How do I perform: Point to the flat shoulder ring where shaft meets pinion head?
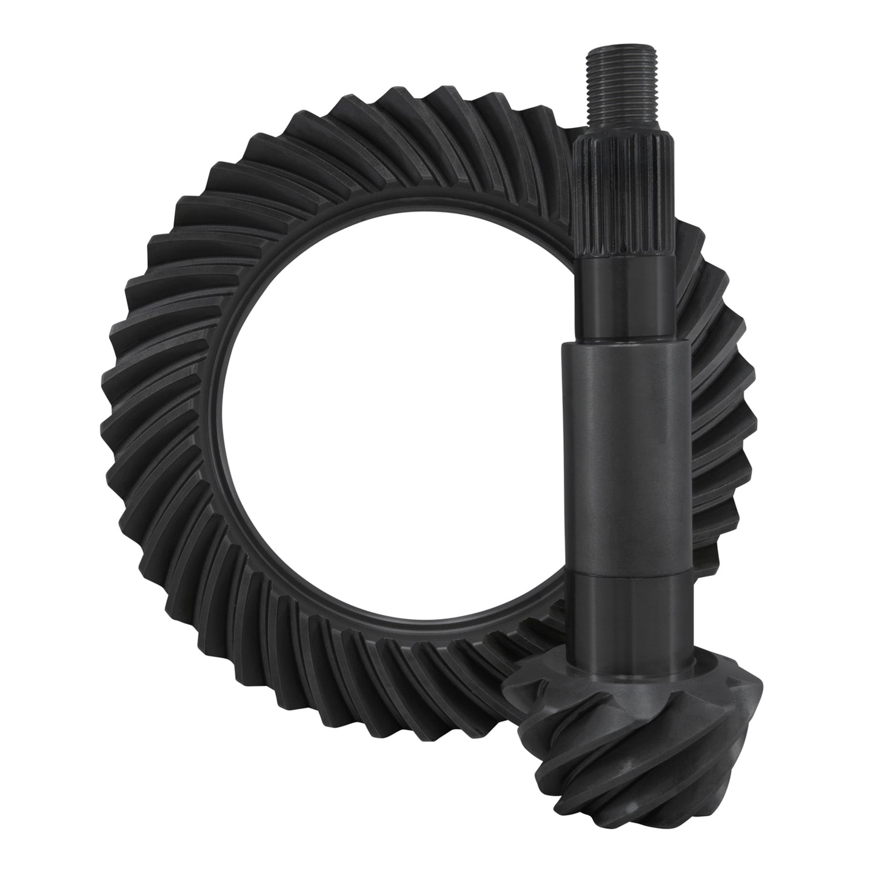(624, 670)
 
